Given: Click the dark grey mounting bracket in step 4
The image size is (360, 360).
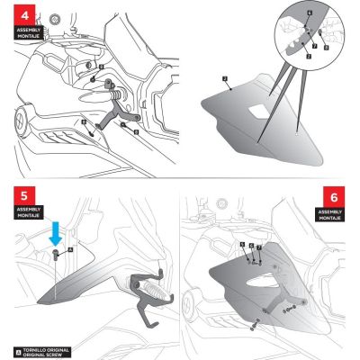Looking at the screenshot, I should [115, 117].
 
